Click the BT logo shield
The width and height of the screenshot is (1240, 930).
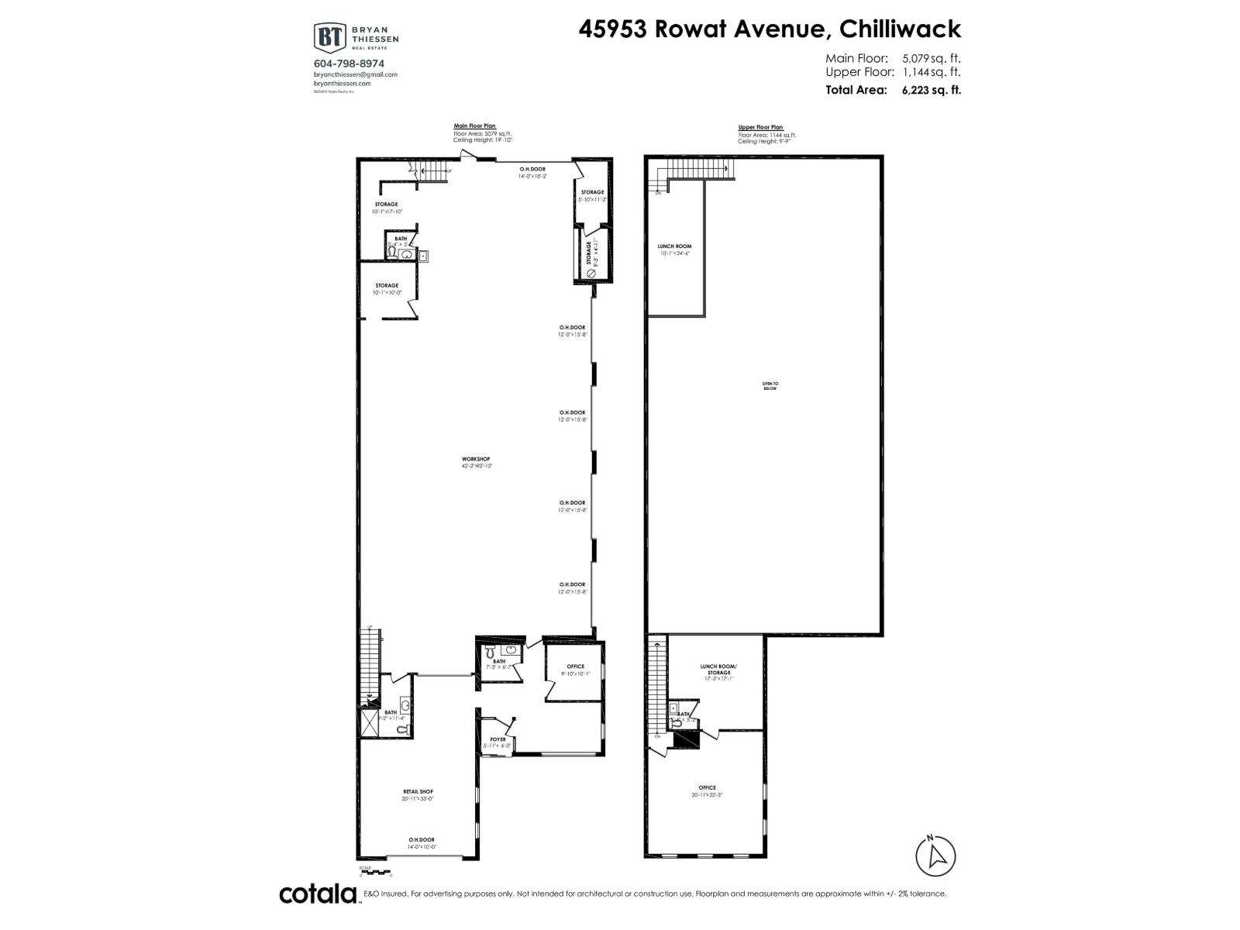329,37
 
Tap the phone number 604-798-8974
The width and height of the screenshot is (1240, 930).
349,64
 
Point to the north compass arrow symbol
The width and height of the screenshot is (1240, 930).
936,856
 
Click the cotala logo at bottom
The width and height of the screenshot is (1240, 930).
317,894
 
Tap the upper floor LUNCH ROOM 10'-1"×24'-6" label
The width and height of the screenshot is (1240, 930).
674,250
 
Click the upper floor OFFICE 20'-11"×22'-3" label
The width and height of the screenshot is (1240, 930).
707,791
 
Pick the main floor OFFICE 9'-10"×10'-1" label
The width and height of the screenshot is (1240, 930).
575,670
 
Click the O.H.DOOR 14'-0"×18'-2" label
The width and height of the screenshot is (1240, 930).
532,172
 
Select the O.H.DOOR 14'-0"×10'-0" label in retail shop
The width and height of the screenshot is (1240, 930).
422,843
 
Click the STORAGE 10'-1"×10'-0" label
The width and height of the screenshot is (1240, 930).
386,289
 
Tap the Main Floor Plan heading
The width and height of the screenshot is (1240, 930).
474,126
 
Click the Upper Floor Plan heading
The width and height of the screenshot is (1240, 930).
760,127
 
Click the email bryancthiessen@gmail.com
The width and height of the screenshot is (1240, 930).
356,74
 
